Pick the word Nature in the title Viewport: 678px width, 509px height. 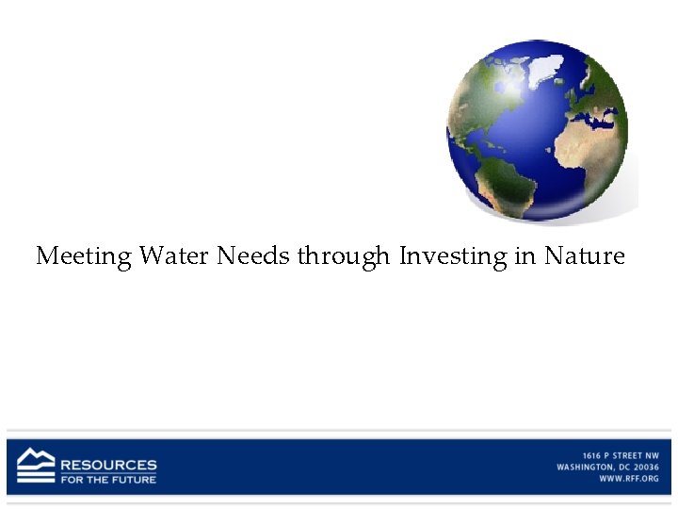tap(585, 255)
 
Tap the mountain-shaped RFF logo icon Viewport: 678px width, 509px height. tap(36, 466)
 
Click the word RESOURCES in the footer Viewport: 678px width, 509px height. tap(109, 465)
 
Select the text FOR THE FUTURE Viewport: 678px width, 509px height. tap(109, 479)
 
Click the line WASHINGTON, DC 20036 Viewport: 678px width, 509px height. tap(607, 468)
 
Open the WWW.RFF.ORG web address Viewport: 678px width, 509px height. tap(629, 479)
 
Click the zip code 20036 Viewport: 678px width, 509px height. tap(645, 468)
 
